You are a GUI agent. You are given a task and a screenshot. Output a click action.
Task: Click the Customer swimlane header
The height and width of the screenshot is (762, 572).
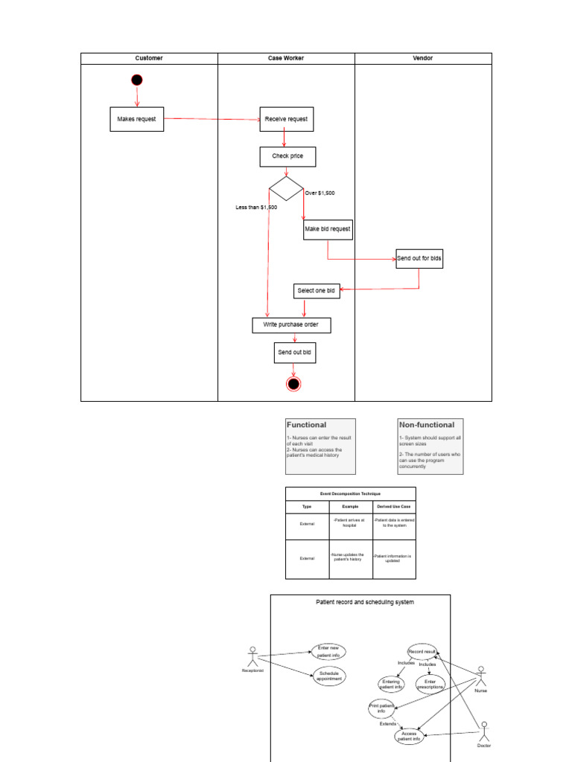pyautogui.click(x=149, y=58)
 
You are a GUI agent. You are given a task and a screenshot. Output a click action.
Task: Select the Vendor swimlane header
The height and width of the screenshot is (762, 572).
pyautogui.click(x=423, y=58)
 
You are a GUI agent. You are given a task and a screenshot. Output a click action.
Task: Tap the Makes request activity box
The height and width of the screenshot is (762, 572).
pyautogui.click(x=137, y=119)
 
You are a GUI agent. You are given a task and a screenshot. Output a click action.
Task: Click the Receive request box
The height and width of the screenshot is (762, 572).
pyautogui.click(x=287, y=119)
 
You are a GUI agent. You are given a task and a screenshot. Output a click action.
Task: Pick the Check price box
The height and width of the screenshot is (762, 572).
pyautogui.click(x=287, y=157)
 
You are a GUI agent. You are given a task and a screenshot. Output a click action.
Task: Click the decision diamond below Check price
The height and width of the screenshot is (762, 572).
pyautogui.click(x=286, y=189)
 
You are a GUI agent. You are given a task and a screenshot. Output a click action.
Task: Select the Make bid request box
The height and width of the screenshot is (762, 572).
pyautogui.click(x=328, y=229)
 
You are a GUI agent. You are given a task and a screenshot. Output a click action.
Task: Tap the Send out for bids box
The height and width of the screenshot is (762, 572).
pyautogui.click(x=419, y=259)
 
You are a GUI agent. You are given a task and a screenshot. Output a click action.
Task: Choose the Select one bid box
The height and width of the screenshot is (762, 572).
pyautogui.click(x=317, y=291)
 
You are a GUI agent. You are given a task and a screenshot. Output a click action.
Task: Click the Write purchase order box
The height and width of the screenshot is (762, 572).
pyautogui.click(x=291, y=325)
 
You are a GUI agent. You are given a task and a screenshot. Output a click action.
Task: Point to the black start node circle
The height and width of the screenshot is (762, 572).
pyautogui.click(x=136, y=80)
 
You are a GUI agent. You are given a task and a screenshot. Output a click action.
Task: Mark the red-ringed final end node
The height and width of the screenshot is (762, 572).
pyautogui.click(x=293, y=384)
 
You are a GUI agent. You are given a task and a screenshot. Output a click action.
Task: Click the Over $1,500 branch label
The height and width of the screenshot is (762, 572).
pyautogui.click(x=320, y=193)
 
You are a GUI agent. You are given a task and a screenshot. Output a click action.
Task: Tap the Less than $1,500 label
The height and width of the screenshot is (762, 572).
pyautogui.click(x=256, y=208)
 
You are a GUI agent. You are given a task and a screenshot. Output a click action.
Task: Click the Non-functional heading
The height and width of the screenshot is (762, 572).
pyautogui.click(x=426, y=425)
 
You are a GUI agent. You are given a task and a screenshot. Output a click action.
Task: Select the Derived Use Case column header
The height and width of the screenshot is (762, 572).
pyautogui.click(x=395, y=506)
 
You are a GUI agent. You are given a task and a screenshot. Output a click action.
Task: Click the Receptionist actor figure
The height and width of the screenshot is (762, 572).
pyautogui.click(x=252, y=656)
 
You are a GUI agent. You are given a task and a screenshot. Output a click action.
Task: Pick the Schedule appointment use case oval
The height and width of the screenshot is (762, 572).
pyautogui.click(x=328, y=676)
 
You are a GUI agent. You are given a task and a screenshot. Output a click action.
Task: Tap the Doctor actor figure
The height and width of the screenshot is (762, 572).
pyautogui.click(x=484, y=730)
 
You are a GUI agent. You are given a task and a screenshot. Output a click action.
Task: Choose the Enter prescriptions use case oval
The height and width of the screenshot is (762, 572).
pyautogui.click(x=430, y=684)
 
